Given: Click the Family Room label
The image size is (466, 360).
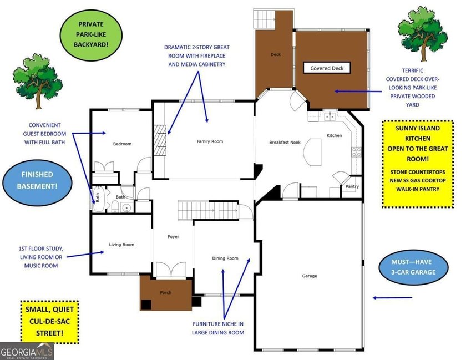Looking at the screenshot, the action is (x=210, y=141).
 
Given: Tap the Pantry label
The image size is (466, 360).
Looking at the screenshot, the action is (x=352, y=187).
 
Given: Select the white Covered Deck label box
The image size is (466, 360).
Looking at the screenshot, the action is (x=327, y=68).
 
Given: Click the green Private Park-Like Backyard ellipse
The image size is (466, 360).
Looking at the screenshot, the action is (x=91, y=34).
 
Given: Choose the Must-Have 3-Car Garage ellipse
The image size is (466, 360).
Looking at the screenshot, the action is (x=413, y=267).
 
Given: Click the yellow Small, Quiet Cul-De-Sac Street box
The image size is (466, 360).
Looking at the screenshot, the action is (x=49, y=322).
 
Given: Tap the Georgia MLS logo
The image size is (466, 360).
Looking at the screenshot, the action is (x=27, y=351).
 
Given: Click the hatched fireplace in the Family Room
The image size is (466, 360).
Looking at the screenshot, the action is (x=160, y=140).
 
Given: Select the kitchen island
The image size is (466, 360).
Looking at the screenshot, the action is (x=312, y=152).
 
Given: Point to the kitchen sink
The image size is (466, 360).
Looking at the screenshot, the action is (x=330, y=116).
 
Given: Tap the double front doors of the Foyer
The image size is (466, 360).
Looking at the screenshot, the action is (x=171, y=270).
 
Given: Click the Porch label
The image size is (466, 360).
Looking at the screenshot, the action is (x=166, y=292).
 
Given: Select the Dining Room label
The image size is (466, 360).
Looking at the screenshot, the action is (x=225, y=258).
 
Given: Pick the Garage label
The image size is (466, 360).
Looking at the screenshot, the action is (x=310, y=276).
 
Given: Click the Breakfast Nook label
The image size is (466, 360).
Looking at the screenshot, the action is (x=285, y=143).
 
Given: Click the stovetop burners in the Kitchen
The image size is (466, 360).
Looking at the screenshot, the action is (x=356, y=152).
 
